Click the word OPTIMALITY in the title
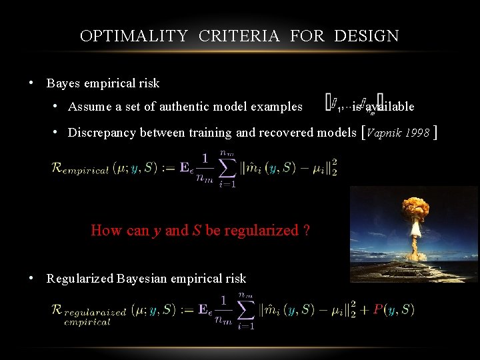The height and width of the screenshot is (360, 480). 133,36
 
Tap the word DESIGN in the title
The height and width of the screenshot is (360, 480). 367,36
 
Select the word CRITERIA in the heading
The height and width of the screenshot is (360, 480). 239,36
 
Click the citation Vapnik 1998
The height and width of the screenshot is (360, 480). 399,133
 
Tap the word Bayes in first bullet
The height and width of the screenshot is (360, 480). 62,83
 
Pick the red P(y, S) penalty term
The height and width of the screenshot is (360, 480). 393,309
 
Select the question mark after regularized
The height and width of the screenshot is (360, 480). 305,231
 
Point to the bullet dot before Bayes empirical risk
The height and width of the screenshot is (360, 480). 31,83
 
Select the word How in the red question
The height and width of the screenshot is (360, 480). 106,231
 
